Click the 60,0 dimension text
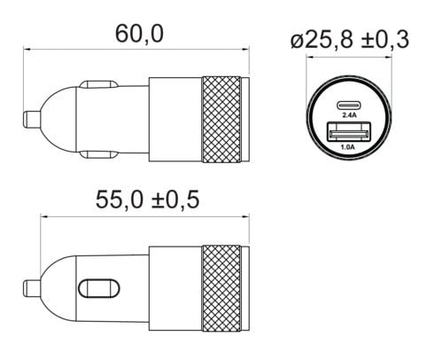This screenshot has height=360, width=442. (139, 34)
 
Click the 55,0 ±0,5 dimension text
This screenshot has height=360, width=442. (148, 200)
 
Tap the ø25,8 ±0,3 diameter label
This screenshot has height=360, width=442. (350, 40)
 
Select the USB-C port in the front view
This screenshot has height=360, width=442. (349, 106)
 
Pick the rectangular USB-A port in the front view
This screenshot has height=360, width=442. (349, 132)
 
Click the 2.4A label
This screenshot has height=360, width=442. (349, 115)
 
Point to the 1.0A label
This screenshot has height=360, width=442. (348, 147)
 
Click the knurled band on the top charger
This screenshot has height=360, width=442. (221, 120)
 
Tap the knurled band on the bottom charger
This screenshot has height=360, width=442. (221, 288)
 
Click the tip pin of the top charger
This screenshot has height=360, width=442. (32, 119)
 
